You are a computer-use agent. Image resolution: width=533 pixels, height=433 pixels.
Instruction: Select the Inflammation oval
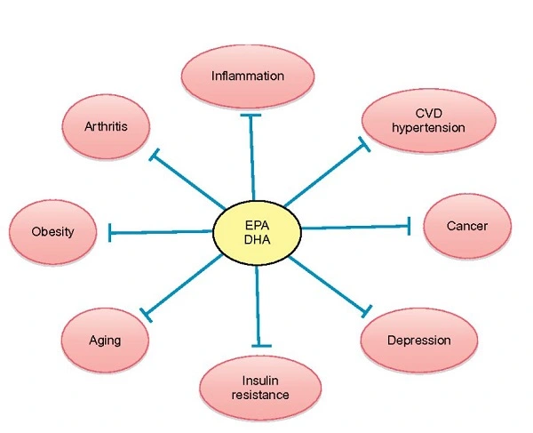pyautogui.click(x=248, y=76)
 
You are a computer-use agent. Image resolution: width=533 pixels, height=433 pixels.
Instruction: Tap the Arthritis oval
pyautogui.click(x=106, y=126)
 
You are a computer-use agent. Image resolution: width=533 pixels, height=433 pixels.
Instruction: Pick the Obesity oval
pyautogui.click(x=52, y=232)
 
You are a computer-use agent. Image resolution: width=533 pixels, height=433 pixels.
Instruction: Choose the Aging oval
pyautogui.click(x=105, y=341)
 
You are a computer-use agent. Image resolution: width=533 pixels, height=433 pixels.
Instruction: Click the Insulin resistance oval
pyautogui.click(x=257, y=387)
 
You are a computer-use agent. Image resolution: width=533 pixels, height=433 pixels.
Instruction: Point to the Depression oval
pyautogui.click(x=418, y=341)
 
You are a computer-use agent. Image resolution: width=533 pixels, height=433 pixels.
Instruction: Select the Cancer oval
pyautogui.click(x=466, y=226)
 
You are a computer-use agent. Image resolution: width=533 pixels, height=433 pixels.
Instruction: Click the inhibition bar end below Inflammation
pyautogui.click(x=251, y=115)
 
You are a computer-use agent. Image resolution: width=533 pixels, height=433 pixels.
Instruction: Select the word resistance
pyautogui.click(x=257, y=394)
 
